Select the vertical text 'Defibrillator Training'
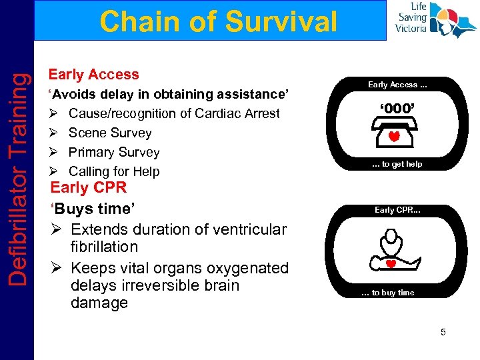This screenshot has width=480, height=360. [x=17, y=180]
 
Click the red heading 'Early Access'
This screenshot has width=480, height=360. [x=93, y=75]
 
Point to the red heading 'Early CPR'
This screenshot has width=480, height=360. [x=88, y=187]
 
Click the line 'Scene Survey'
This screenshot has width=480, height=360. [x=110, y=133]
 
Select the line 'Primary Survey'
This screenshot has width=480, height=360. [x=114, y=152]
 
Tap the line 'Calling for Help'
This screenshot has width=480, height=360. [x=114, y=171]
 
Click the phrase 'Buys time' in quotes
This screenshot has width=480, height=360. [x=93, y=209]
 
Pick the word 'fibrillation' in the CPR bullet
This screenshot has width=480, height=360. [x=105, y=247]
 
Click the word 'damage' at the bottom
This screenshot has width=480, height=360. [x=99, y=303]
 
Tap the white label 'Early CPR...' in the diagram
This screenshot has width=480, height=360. [x=397, y=210]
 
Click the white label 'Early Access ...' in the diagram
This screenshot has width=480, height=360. [x=397, y=85]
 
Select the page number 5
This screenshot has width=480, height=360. [x=443, y=331]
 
